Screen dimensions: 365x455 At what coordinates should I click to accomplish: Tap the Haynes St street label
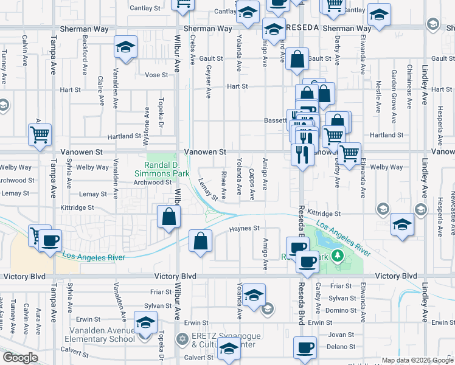tap(245, 228)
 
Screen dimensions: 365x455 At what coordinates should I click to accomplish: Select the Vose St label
tap(156, 75)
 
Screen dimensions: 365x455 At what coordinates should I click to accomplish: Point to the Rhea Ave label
tap(223, 185)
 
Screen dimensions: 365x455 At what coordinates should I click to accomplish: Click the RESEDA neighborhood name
tap(302, 29)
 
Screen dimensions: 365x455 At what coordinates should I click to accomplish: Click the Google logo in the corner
tap(20, 358)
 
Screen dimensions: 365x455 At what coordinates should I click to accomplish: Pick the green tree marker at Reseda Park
tap(341, 257)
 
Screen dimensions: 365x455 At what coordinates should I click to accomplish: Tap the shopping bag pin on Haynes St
tap(200, 241)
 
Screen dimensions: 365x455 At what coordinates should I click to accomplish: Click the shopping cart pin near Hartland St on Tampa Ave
tap(40, 134)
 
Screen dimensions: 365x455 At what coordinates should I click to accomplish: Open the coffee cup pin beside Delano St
tap(305, 348)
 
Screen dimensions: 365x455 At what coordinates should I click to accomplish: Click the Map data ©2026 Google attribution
tap(417, 360)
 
